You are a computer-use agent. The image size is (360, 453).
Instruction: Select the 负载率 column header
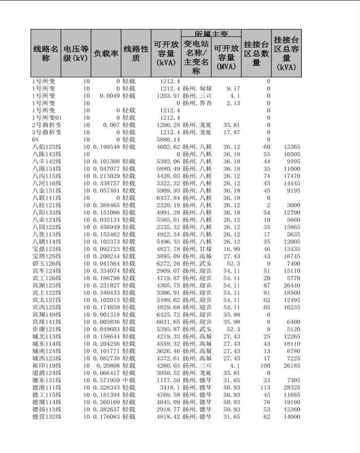(106, 53)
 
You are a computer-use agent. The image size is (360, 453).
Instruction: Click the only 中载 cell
(129, 380)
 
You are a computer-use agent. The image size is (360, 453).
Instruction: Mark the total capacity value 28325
(292, 387)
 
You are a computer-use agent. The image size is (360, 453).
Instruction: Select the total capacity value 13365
(292, 147)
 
